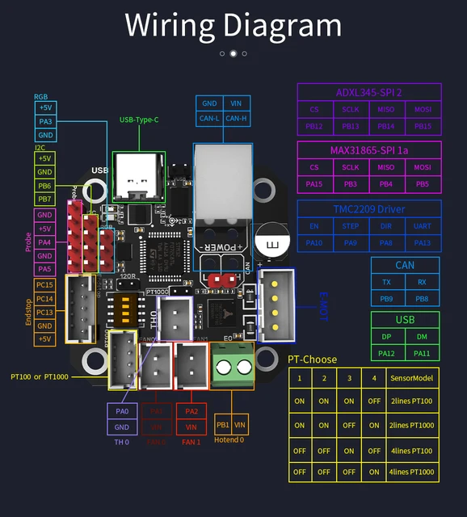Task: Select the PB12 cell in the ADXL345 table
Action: pyautogui.click(x=315, y=126)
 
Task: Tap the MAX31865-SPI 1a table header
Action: pyautogui.click(x=369, y=150)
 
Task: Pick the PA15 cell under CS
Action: pyautogui.click(x=315, y=184)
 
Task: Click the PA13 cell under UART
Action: pyautogui.click(x=423, y=242)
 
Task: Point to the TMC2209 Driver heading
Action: pyautogui.click(x=369, y=208)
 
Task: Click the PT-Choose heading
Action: pyautogui.click(x=313, y=359)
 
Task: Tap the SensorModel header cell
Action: pyautogui.click(x=411, y=378)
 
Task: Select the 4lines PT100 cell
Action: pyautogui.click(x=411, y=450)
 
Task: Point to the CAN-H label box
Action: pyautogui.click(x=235, y=119)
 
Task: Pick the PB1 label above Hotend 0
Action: pyautogui.click(x=223, y=424)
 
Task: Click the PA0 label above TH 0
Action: pyautogui.click(x=120, y=411)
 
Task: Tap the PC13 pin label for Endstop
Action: pyautogui.click(x=44, y=313)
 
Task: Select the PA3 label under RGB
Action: pyautogui.click(x=45, y=121)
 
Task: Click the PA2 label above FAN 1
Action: pyautogui.click(x=191, y=410)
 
